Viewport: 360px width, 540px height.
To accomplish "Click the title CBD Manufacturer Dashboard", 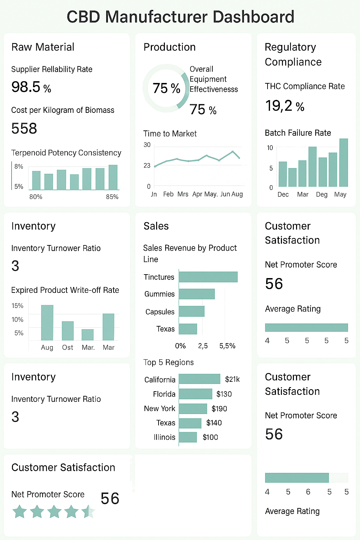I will coord(180,17).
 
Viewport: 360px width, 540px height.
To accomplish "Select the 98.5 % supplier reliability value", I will coord(31,87).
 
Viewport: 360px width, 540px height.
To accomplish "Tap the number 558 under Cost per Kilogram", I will coord(24,129).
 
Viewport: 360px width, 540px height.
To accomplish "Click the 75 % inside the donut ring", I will coord(166,88).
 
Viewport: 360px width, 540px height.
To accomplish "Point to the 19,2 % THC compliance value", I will coord(284,106).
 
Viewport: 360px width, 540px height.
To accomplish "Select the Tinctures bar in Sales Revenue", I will coord(208,277).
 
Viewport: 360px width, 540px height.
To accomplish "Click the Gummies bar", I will coord(197,294).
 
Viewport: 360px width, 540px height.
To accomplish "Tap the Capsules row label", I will coord(160,312).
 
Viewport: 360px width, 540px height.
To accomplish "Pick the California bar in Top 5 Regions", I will coord(199,379).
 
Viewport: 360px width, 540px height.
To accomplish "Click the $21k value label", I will coord(232,379).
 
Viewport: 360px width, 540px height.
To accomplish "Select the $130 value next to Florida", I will coord(224,394).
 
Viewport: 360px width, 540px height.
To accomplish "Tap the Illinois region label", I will coord(164,437).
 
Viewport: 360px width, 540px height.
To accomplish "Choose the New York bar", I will coord(193,409).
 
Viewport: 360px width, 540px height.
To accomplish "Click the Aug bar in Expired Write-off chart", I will coord(47,323).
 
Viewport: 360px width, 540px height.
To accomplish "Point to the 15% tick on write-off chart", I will coord(17,306).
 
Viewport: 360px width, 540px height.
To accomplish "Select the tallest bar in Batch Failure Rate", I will coord(343,162).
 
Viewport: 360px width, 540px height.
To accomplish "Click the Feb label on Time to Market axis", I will coord(168,194).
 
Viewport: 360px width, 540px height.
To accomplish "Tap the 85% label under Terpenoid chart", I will coord(112,197).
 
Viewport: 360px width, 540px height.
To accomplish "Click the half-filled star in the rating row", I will coord(88,512).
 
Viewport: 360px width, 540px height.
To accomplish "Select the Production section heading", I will coord(169,47).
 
